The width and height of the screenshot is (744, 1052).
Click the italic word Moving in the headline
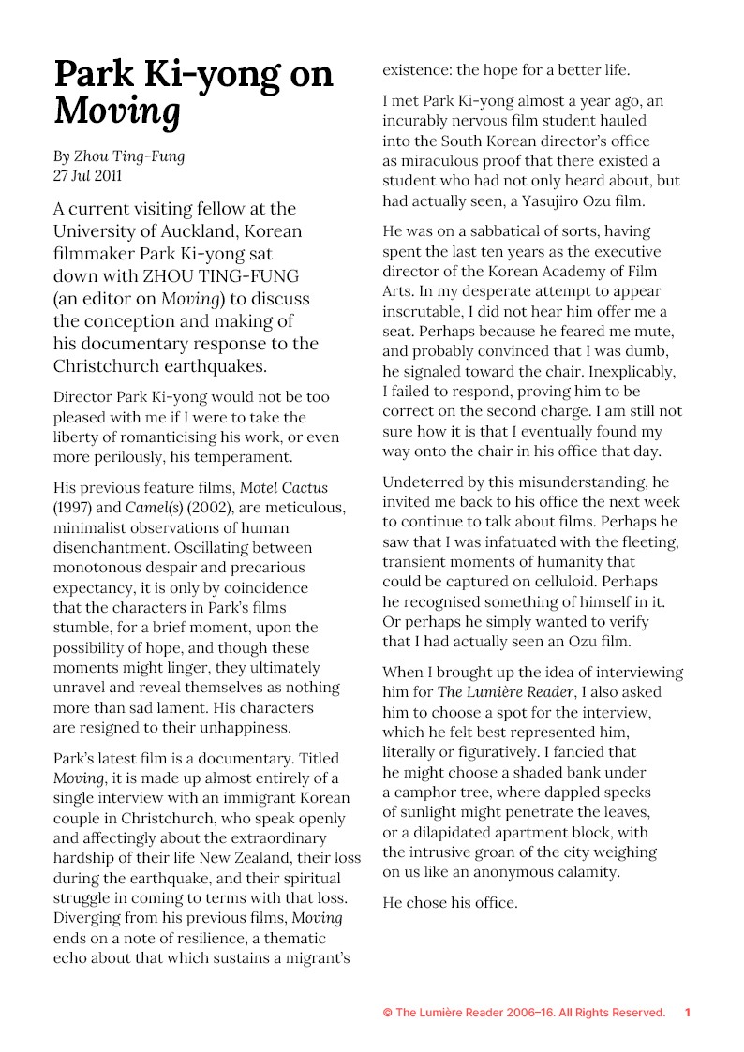tap(117, 111)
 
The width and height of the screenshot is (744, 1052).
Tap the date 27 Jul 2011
tap(88, 175)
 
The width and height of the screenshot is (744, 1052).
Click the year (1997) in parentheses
tap(73, 508)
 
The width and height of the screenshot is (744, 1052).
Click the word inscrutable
tap(430, 312)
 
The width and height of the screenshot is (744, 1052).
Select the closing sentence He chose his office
tap(450, 903)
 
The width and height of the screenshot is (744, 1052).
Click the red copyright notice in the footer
tap(524, 1013)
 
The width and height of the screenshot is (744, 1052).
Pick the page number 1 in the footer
tap(688, 1013)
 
